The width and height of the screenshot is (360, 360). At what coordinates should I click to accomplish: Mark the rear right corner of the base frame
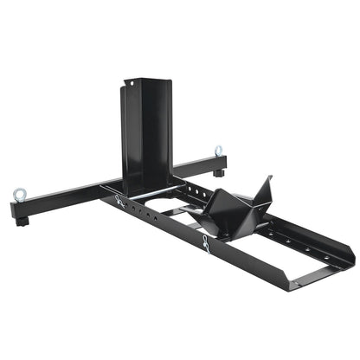pyautogui.click(x=350, y=258)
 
